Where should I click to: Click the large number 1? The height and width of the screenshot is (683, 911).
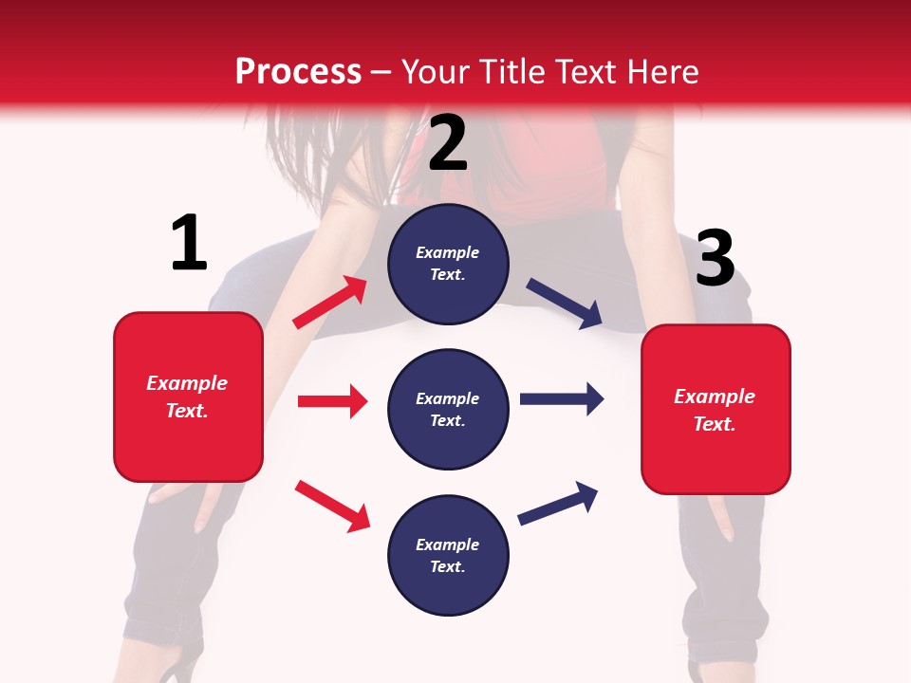click(189, 243)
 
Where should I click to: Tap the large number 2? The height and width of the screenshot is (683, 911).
click(448, 143)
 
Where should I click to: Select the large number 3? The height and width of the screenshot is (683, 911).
click(715, 259)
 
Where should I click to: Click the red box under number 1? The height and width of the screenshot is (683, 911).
click(188, 397)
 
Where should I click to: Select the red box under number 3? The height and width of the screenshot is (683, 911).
click(716, 409)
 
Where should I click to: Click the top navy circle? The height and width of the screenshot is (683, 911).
click(448, 264)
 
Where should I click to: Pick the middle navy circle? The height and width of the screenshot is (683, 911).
click(448, 409)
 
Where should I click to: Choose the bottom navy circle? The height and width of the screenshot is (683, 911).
click(448, 555)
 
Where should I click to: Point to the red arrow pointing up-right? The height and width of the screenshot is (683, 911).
click(330, 303)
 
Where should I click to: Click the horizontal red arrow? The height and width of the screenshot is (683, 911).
click(332, 401)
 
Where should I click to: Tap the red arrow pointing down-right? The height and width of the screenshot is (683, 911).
click(332, 506)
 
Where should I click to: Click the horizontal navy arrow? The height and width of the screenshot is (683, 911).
click(561, 398)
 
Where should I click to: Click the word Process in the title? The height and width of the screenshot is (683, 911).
click(298, 71)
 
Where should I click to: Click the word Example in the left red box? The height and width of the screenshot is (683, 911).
click(187, 383)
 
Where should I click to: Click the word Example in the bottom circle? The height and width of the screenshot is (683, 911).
click(447, 545)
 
